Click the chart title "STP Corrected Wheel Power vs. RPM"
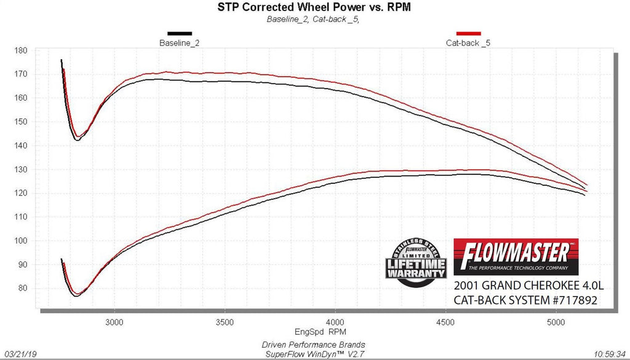coord(315,8)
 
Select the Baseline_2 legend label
coord(179,43)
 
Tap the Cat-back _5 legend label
coord(468,43)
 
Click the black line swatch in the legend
coord(179,33)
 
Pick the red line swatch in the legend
coord(468,33)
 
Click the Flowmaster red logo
coord(516,256)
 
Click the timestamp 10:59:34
coord(612,354)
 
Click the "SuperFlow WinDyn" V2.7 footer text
coord(315,354)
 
